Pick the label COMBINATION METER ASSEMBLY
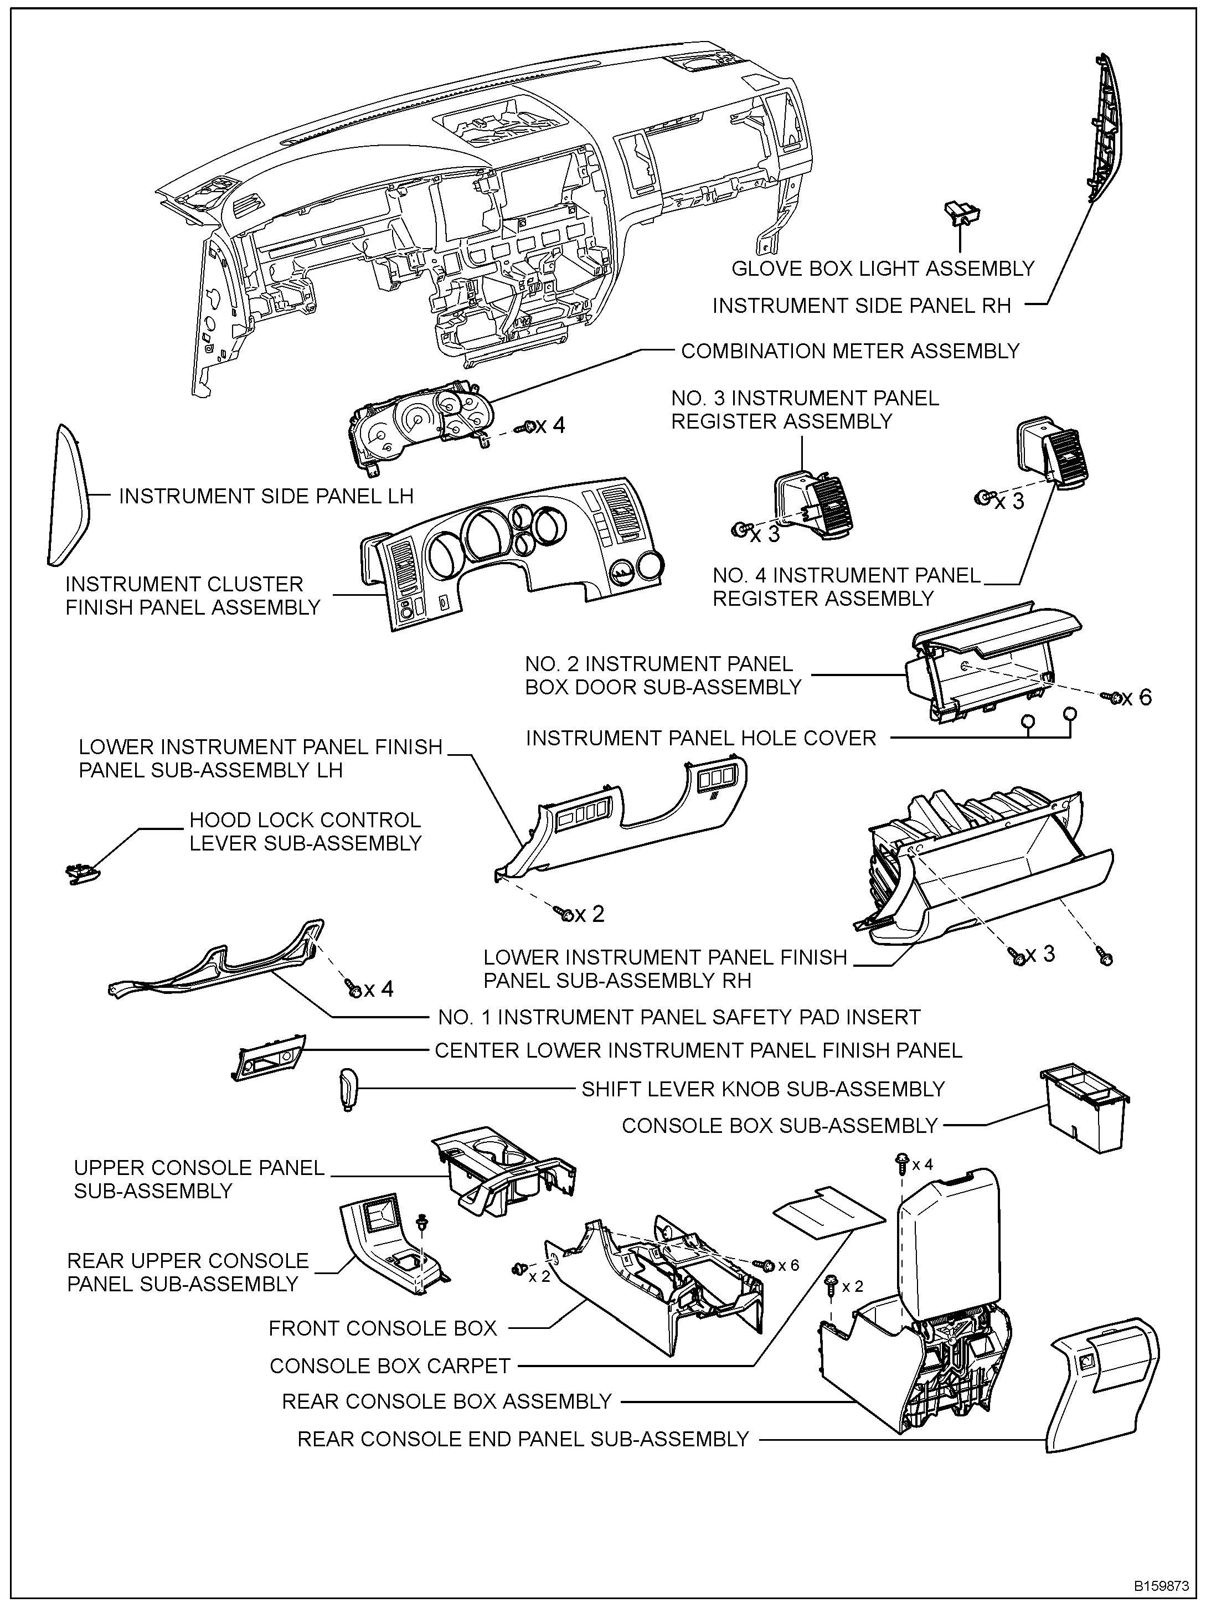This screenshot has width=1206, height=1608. click(850, 351)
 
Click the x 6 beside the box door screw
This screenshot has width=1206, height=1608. click(1137, 698)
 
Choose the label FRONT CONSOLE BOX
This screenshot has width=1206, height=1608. click(383, 1328)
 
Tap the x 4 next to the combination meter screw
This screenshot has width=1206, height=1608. click(550, 425)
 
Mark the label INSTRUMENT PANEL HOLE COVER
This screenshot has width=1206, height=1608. click(701, 739)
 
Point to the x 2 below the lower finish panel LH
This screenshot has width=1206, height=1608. click(590, 914)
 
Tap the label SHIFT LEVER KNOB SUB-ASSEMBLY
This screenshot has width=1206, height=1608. click(762, 1089)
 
